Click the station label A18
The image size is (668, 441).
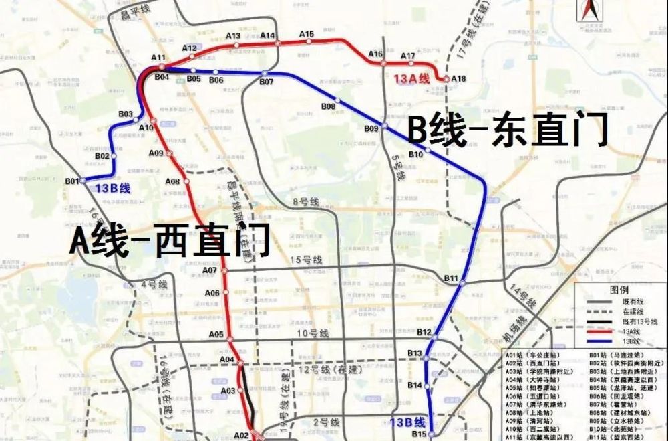point(458,79)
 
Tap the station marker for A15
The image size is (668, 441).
point(309,41)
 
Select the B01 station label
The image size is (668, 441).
point(71,181)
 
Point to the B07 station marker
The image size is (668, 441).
point(265,72)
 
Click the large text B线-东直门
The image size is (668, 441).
point(508,130)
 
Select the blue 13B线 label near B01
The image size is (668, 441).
point(112,188)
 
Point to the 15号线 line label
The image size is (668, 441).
point(306,260)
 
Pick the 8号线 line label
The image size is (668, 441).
point(304,201)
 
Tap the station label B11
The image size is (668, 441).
point(451,278)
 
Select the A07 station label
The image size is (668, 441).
point(210,270)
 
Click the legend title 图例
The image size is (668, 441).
point(619,290)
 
